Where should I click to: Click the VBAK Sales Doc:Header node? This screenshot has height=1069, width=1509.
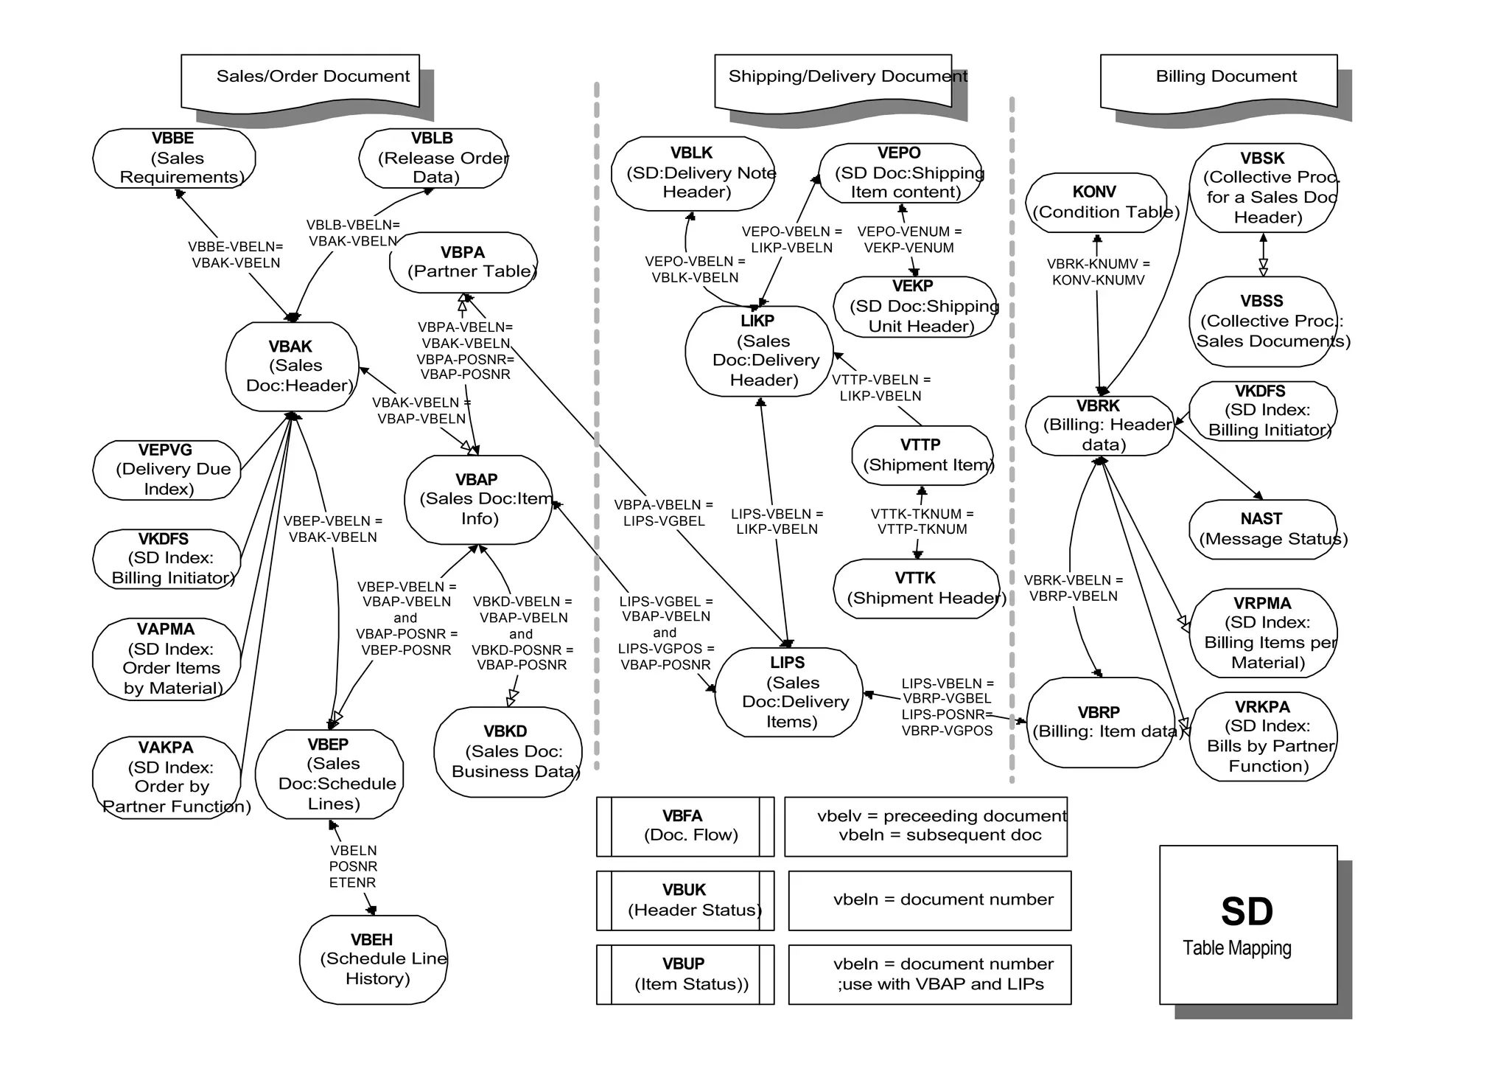coord(292,366)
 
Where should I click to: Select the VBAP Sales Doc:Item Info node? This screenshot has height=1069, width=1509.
coord(478,500)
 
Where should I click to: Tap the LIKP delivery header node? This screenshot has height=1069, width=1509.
coord(759,352)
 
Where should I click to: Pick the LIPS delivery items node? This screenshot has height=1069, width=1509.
coord(788,692)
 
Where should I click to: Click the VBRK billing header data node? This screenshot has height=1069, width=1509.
coord(1099,425)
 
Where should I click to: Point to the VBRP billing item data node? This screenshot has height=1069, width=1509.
coord(1100,722)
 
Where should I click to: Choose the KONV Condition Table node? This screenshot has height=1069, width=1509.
coord(1096,203)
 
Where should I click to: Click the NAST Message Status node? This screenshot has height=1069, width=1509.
coord(1263,529)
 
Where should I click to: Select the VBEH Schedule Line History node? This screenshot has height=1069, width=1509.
coord(374,959)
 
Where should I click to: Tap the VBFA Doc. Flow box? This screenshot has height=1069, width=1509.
coord(685,826)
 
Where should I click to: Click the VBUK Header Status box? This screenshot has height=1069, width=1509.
coord(685,900)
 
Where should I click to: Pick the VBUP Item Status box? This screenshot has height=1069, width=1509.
coord(685,974)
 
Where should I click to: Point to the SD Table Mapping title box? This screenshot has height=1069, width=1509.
coord(1247,925)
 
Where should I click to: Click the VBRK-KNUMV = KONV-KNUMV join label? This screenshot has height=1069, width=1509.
coord(1098,272)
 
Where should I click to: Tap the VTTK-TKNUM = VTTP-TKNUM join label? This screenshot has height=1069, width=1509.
coord(922,521)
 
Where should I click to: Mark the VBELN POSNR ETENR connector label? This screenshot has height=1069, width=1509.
coord(353,866)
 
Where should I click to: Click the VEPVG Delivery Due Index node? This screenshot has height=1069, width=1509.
coord(167,470)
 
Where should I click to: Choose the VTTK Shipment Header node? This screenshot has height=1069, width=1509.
coord(917,588)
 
